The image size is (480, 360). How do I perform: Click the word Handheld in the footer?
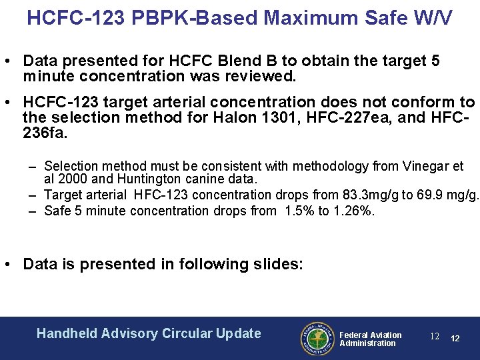coord(67,333)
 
